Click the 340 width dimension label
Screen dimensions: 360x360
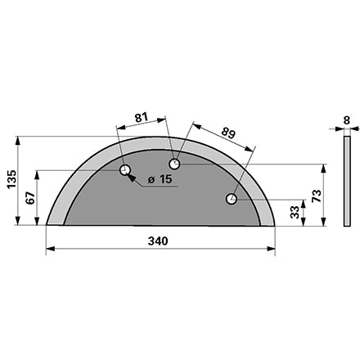point(158,241)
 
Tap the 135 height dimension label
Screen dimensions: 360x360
point(12,179)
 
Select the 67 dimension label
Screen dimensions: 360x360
point(30,198)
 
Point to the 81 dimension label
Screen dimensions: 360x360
point(142,118)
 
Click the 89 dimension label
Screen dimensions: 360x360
point(228,133)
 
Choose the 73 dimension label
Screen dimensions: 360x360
point(317,196)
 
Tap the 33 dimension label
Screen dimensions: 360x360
point(295,212)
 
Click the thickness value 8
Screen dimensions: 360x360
point(347,120)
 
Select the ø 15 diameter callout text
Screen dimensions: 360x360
point(160,179)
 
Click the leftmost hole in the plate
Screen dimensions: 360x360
point(125,170)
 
